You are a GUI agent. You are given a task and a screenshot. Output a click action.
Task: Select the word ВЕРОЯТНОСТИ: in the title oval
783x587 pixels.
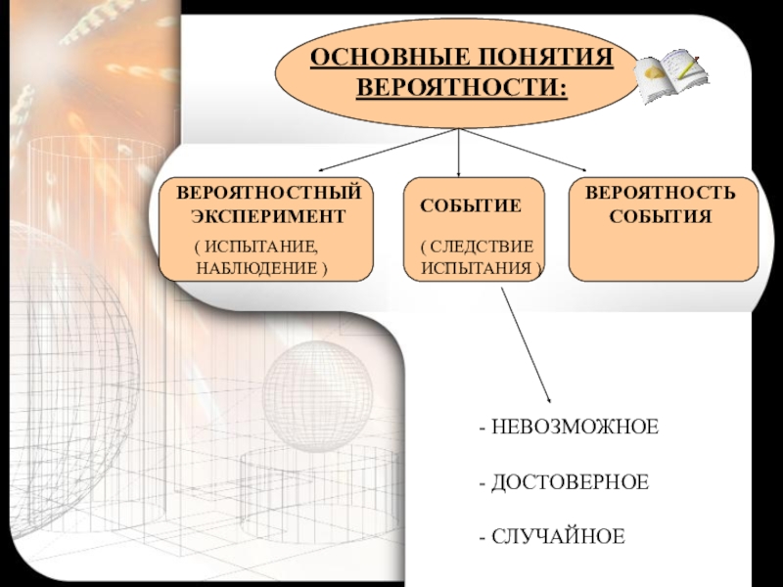coord(461,87)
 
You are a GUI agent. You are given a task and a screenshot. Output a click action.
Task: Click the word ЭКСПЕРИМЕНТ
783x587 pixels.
coord(268,213)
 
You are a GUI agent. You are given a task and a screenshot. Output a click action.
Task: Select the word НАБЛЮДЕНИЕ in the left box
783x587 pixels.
coord(256,267)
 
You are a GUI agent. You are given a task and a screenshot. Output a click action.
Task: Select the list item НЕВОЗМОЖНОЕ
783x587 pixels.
coord(573,429)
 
